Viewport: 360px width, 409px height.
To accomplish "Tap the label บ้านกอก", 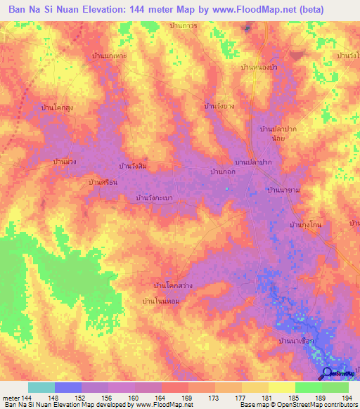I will [222, 171].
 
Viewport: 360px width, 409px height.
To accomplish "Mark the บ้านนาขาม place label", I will [284, 190].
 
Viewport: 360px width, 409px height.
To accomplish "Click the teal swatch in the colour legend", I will [41, 387].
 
